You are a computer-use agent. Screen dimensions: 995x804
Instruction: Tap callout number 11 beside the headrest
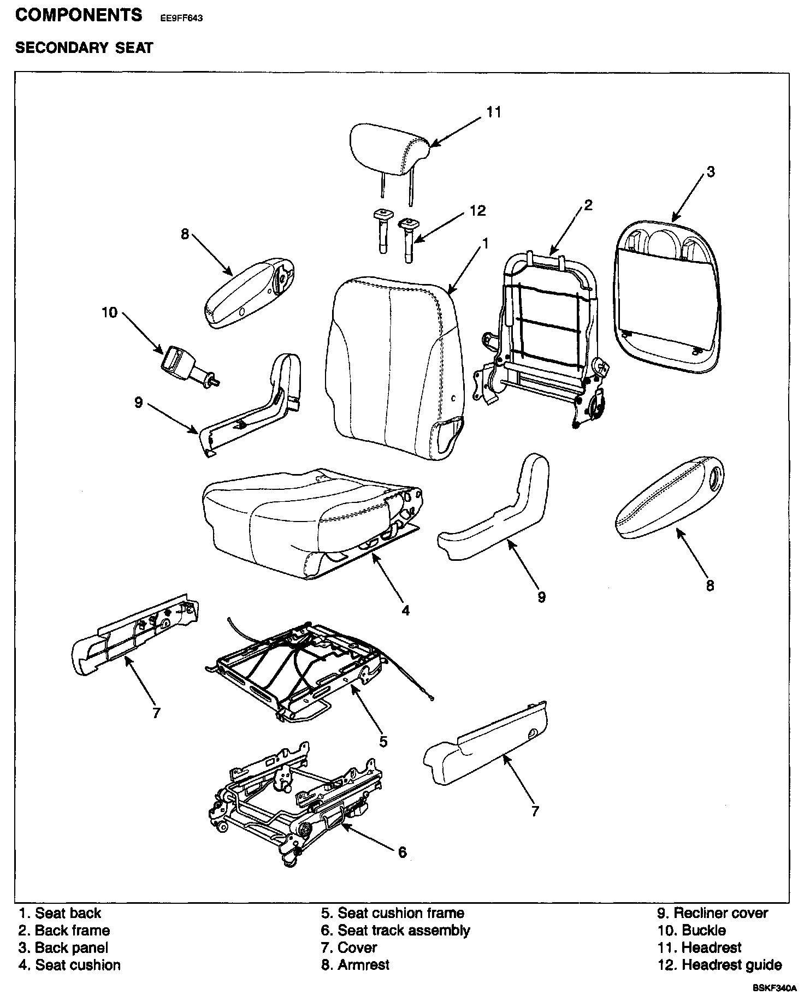[x=494, y=112]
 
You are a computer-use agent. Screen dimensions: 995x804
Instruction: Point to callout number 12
[x=477, y=211]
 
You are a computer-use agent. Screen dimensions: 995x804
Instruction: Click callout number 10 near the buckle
[x=109, y=312]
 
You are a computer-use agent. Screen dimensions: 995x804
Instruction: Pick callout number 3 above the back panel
[x=710, y=171]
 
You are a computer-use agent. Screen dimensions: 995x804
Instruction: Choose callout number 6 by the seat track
[x=402, y=852]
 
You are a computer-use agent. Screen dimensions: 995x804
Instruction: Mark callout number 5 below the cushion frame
[x=383, y=741]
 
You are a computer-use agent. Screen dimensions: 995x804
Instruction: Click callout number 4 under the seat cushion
[x=405, y=610]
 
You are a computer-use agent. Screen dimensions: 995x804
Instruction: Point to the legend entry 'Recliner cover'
[x=712, y=913]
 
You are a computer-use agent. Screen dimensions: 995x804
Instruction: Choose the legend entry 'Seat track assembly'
[x=395, y=930]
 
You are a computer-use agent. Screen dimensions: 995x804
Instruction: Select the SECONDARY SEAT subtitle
[x=84, y=48]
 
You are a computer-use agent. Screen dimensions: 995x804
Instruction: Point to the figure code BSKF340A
[x=775, y=988]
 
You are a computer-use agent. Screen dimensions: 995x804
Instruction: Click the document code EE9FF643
[x=181, y=17]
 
